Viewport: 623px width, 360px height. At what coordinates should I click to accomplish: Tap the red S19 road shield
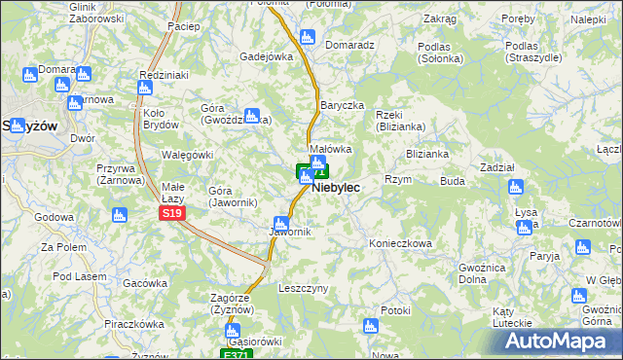[171, 213]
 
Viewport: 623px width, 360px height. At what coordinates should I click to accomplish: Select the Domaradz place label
[350, 45]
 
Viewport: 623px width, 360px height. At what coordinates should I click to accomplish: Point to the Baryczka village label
[342, 105]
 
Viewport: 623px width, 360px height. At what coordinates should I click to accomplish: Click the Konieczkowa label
[399, 243]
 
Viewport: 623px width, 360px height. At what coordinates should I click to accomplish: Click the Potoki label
[396, 310]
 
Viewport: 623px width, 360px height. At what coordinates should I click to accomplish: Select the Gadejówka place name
[267, 56]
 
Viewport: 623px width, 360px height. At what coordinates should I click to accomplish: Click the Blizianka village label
[427, 154]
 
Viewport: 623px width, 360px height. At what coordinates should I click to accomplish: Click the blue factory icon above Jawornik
[282, 221]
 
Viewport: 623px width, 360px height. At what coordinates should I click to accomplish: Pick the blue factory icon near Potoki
[370, 327]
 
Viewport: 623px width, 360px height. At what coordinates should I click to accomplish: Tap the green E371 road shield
[235, 354]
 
